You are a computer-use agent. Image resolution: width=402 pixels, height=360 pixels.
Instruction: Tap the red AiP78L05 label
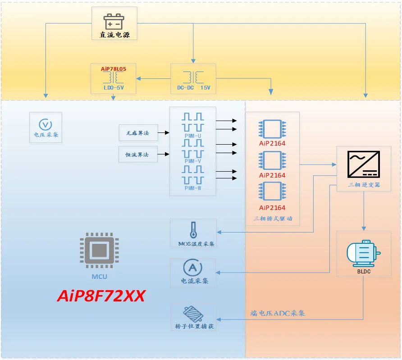tap(114, 69)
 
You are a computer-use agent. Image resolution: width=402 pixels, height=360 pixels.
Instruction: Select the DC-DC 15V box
tap(193, 79)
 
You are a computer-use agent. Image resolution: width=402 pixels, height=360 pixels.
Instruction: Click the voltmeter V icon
tap(46, 124)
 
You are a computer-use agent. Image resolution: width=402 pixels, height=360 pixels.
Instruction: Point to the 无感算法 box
tap(138, 132)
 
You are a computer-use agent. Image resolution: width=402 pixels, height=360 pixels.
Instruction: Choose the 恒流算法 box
tap(138, 155)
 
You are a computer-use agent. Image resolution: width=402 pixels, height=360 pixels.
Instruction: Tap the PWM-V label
tap(193, 161)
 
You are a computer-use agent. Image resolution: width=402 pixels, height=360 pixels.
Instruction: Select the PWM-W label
tap(193, 188)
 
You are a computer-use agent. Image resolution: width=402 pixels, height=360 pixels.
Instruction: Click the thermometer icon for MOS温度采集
tap(194, 230)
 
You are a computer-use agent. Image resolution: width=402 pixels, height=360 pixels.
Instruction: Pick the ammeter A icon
tap(192, 268)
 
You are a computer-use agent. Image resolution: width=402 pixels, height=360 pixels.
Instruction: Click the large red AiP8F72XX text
tap(101, 296)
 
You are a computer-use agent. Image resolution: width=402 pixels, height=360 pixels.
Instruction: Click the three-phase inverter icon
tap(363, 164)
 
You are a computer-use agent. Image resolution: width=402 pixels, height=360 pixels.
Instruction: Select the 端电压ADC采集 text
tap(278, 313)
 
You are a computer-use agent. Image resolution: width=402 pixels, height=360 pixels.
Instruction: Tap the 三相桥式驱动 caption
tap(273, 219)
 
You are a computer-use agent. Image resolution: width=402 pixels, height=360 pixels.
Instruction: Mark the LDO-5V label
tap(114, 88)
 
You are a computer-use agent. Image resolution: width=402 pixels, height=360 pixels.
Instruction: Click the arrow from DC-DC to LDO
tap(153, 79)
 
